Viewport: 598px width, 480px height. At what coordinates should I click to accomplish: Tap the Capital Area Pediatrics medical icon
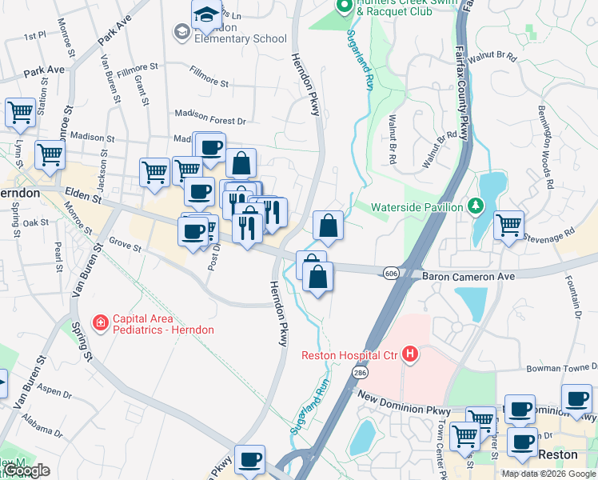101,323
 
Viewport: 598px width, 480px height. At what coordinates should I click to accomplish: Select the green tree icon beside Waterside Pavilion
476,206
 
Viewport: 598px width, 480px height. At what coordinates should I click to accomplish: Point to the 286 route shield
359,373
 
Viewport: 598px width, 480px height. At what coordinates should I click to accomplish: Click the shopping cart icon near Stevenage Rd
508,225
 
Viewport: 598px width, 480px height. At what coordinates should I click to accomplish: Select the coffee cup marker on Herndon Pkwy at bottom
250,458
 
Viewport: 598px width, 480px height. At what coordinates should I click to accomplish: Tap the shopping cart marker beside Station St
20,113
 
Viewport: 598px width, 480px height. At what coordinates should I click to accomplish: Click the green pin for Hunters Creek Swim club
345,6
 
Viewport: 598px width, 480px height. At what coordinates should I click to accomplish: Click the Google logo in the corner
26,470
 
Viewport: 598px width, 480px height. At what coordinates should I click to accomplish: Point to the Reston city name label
559,454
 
